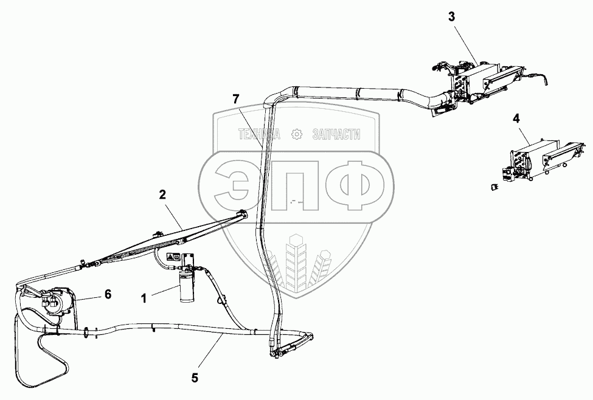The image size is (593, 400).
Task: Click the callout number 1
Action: pyautogui.click(x=144, y=298)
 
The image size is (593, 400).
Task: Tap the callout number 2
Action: pyautogui.click(x=162, y=195)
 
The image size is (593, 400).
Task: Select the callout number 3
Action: pyautogui.click(x=452, y=17)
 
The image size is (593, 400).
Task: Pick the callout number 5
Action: pyautogui.click(x=195, y=378)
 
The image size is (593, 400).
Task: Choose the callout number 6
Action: pyautogui.click(x=108, y=294)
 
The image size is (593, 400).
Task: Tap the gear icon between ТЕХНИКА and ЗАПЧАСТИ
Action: pyautogui.click(x=297, y=134)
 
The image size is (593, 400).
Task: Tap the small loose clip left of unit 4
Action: pyautogui.click(x=494, y=186)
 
